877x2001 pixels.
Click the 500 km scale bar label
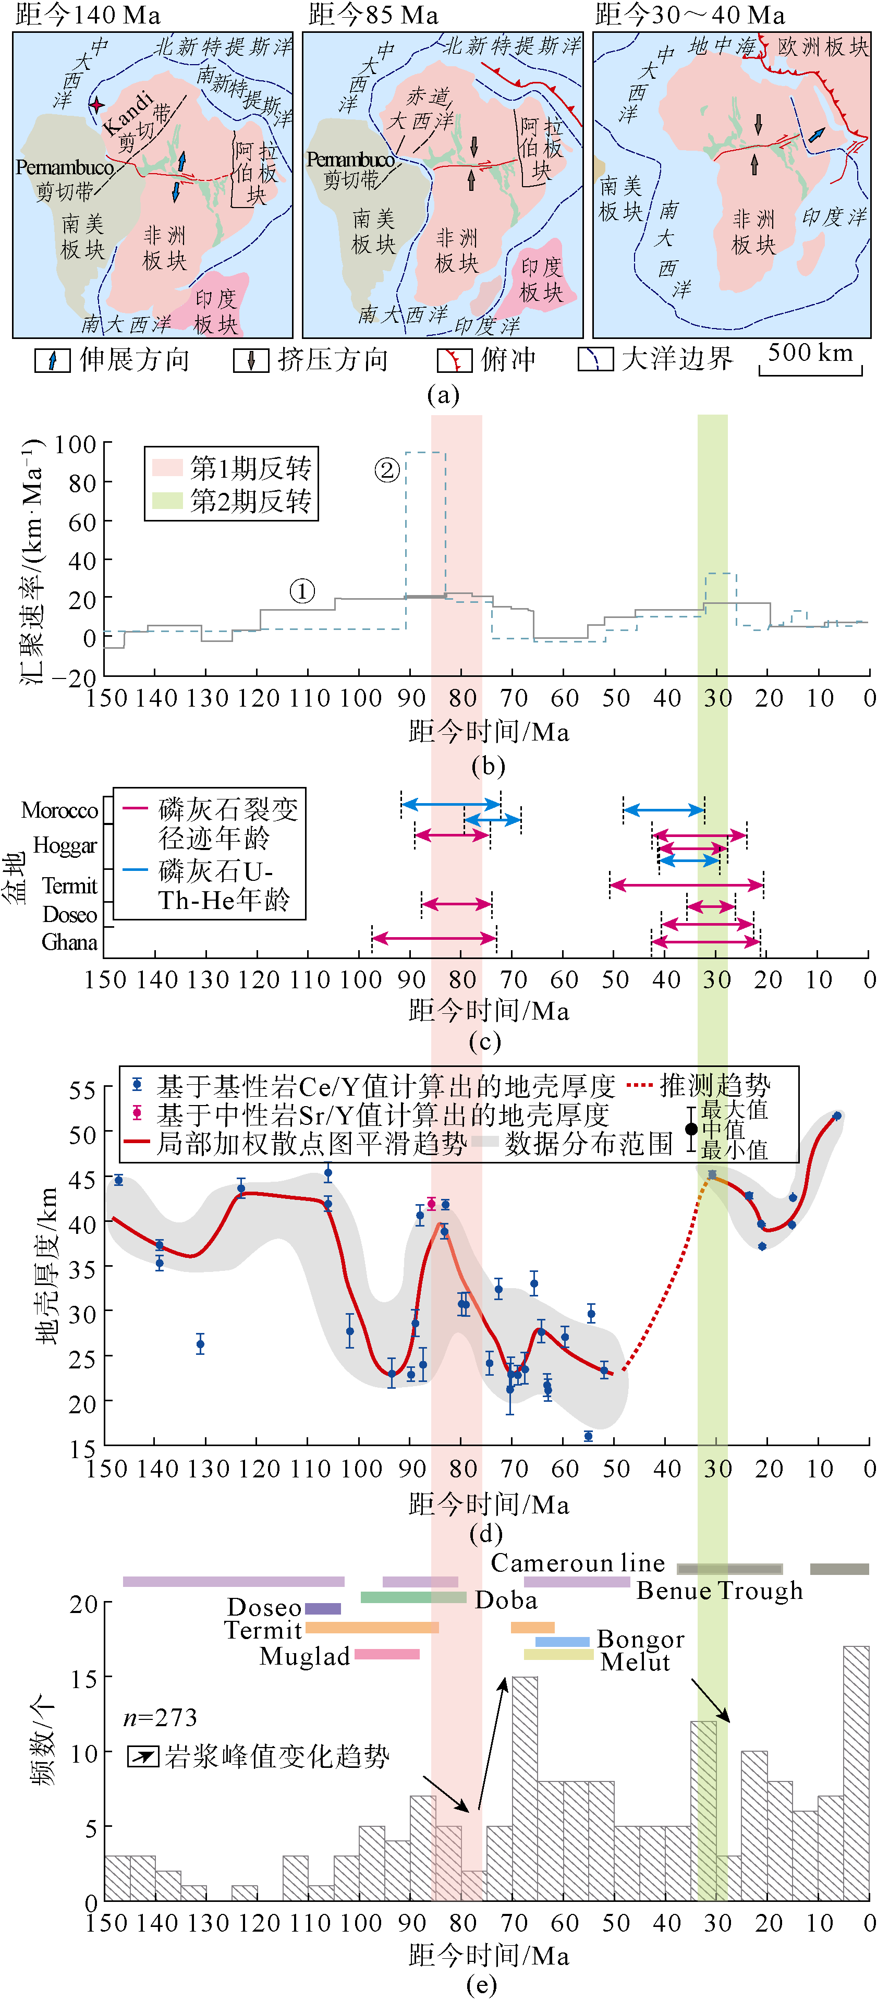pos(810,354)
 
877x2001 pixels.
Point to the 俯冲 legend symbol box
pos(455,360)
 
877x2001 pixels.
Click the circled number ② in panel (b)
pos(387,469)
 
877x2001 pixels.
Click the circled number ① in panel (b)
pos(302,591)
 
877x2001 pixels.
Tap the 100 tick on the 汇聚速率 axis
pos(76,445)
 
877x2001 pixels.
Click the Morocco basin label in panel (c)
pos(60,810)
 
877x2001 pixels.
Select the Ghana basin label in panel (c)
pos(69,942)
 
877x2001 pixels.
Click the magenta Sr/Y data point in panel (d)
pos(432,1204)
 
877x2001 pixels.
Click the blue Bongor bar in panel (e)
pos(563,1641)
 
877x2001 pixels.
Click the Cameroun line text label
pos(578,1563)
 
